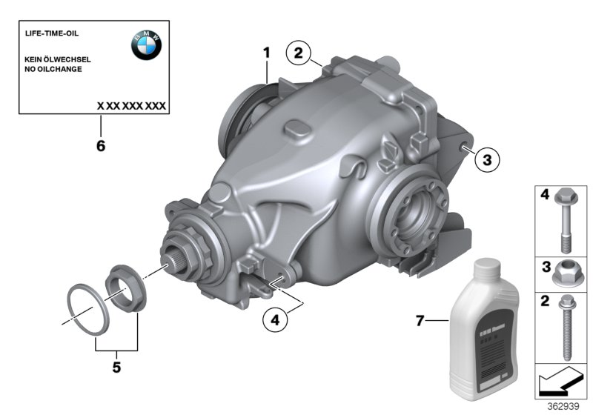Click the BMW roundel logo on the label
pyautogui.click(x=147, y=46)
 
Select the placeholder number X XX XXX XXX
pyautogui.click(x=131, y=106)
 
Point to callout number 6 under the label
pyautogui.click(x=100, y=146)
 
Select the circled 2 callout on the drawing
pyautogui.click(x=298, y=53)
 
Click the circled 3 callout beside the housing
pyautogui.click(x=487, y=159)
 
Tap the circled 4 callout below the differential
pyautogui.click(x=274, y=320)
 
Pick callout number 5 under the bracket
pyautogui.click(x=116, y=367)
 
